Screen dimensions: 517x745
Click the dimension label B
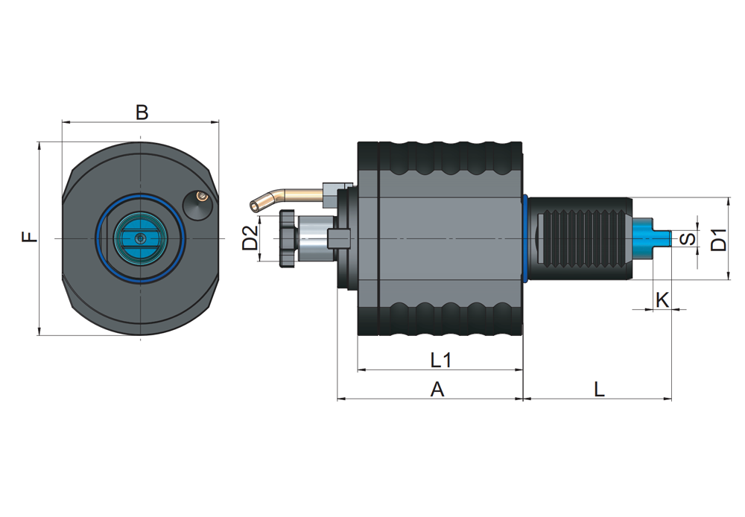point(142,112)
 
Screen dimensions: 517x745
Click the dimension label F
point(28,237)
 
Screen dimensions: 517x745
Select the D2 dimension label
point(250,238)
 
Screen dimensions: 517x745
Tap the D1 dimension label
point(718,239)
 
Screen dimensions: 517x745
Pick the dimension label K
point(662,299)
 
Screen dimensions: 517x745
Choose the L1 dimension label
point(441,361)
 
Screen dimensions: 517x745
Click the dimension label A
point(437,389)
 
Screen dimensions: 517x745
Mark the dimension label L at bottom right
point(599,389)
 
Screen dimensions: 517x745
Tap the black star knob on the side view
point(286,238)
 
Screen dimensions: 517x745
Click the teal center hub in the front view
point(140,238)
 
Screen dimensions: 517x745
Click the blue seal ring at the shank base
point(526,238)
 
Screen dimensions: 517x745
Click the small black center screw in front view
point(141,238)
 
